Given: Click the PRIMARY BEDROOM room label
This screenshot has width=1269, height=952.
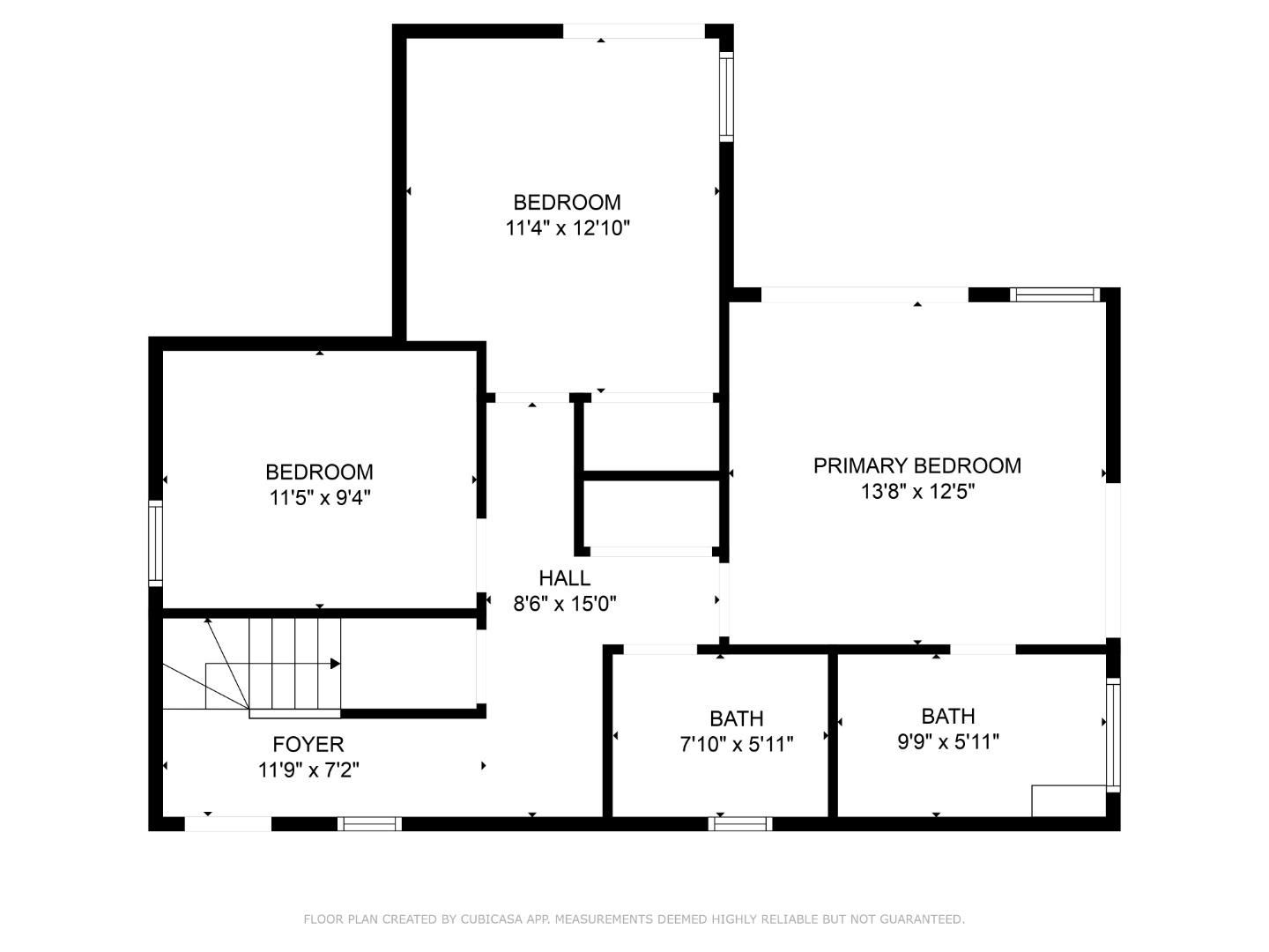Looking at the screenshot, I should coord(916,465).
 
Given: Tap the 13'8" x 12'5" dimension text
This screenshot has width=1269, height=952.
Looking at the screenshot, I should coord(916,492).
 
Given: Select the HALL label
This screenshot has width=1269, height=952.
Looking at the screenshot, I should coord(564,578).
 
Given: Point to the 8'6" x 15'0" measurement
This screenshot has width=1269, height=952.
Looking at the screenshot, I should coord(564,604).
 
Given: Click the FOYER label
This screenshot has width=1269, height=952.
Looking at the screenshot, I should coord(308,744).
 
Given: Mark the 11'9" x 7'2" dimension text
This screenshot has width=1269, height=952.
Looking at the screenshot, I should coord(308,770).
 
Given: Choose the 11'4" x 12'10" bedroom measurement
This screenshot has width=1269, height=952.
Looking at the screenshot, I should coord(567,228).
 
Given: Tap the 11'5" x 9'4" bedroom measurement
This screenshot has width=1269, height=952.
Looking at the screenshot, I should coord(319,498).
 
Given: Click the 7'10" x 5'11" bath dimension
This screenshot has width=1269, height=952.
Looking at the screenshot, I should coord(737,745).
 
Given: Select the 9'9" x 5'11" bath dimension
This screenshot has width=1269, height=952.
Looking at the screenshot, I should coord(947,742).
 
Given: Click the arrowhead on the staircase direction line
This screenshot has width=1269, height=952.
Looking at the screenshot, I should coord(336,664).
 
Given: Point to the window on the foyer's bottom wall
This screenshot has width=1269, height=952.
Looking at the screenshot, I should coord(369,824).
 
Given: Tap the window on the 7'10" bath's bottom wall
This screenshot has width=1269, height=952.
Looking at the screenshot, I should coord(740,824).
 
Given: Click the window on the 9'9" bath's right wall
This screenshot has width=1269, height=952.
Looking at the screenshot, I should coord(1113,735).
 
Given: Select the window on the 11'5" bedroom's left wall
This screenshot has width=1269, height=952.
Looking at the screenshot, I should coord(155,542).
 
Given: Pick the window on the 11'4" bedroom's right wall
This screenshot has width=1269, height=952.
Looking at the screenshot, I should coord(726,96).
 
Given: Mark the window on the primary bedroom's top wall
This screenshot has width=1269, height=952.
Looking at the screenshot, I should coord(1055,294).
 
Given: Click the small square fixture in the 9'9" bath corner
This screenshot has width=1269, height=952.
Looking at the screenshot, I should coord(1068,800).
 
